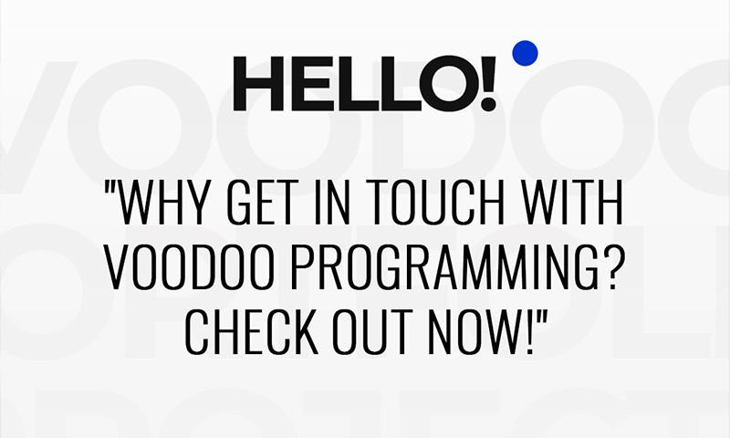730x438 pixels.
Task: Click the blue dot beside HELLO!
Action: pyautogui.click(x=525, y=54)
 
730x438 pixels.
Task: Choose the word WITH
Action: pyautogui.click(x=573, y=206)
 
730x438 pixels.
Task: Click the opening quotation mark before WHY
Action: pyautogui.click(x=112, y=192)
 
